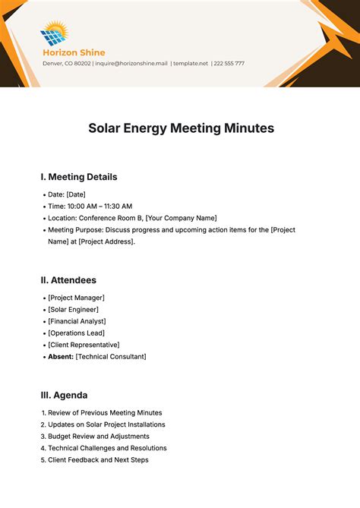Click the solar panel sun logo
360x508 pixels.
click(x=54, y=34)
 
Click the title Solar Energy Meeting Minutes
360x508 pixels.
click(x=181, y=128)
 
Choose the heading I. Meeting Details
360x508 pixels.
click(x=79, y=177)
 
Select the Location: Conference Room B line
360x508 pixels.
click(x=131, y=218)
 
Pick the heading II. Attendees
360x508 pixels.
click(x=68, y=280)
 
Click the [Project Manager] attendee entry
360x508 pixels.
click(x=76, y=298)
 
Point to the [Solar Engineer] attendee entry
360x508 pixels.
click(x=73, y=309)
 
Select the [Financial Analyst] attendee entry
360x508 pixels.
click(x=77, y=321)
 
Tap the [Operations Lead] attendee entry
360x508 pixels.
click(x=76, y=333)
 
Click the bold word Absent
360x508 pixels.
click(x=60, y=356)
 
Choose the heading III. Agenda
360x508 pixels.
click(x=64, y=395)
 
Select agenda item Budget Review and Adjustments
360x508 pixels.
click(x=99, y=436)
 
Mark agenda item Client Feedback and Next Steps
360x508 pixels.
click(x=98, y=459)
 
